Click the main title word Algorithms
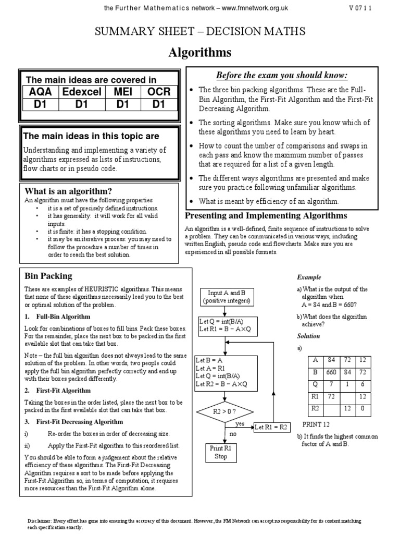199,53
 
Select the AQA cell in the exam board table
40,92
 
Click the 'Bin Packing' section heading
48,276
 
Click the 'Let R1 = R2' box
271,427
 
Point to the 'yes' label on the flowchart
240,424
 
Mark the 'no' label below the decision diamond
233,433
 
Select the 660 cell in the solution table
330,372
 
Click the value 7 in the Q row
330,384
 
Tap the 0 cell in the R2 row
362,408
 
